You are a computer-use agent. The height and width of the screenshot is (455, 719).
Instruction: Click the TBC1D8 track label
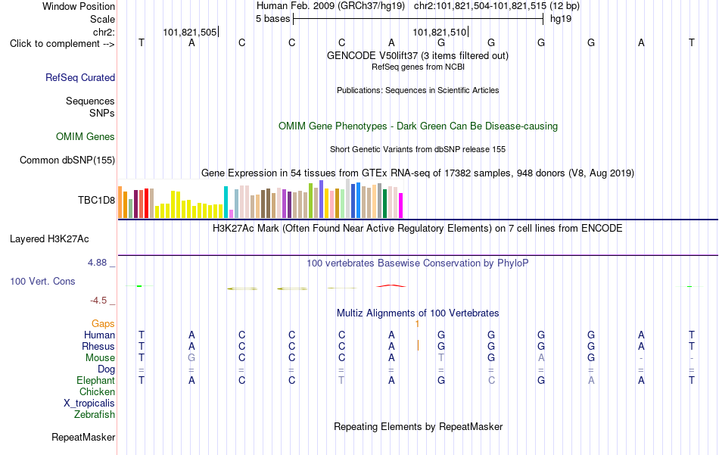tap(96, 200)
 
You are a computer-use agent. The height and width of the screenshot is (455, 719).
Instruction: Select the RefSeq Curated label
tap(80, 77)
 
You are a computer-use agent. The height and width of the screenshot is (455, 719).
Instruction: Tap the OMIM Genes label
tap(86, 137)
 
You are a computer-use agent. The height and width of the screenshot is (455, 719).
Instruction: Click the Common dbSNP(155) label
tap(67, 160)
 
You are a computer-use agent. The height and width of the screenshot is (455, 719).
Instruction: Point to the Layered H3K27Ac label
tap(49, 239)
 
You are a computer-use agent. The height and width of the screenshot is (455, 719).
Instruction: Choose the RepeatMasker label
tap(83, 437)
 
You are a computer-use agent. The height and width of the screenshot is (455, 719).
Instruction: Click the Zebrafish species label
tap(95, 414)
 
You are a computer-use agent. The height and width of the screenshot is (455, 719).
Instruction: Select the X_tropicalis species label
tap(89, 404)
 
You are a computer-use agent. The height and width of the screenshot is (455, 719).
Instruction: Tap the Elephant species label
tap(96, 380)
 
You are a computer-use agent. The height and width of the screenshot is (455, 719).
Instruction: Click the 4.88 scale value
tap(97, 263)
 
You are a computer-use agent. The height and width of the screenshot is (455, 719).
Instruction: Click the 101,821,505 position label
tap(190, 32)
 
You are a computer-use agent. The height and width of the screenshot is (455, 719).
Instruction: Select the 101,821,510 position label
tap(439, 32)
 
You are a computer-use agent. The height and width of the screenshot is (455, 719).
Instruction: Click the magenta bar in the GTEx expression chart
tap(401, 205)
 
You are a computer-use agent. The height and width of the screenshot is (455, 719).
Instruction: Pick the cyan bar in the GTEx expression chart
tap(226, 202)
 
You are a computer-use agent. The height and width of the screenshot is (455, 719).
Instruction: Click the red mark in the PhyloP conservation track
tap(391, 285)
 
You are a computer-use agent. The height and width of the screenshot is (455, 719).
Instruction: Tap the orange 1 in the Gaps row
tap(417, 324)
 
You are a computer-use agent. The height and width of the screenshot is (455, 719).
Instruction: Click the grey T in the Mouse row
tap(441, 358)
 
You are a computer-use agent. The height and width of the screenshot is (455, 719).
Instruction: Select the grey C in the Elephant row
tap(491, 380)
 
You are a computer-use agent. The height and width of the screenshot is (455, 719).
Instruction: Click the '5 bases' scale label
tap(272, 19)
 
